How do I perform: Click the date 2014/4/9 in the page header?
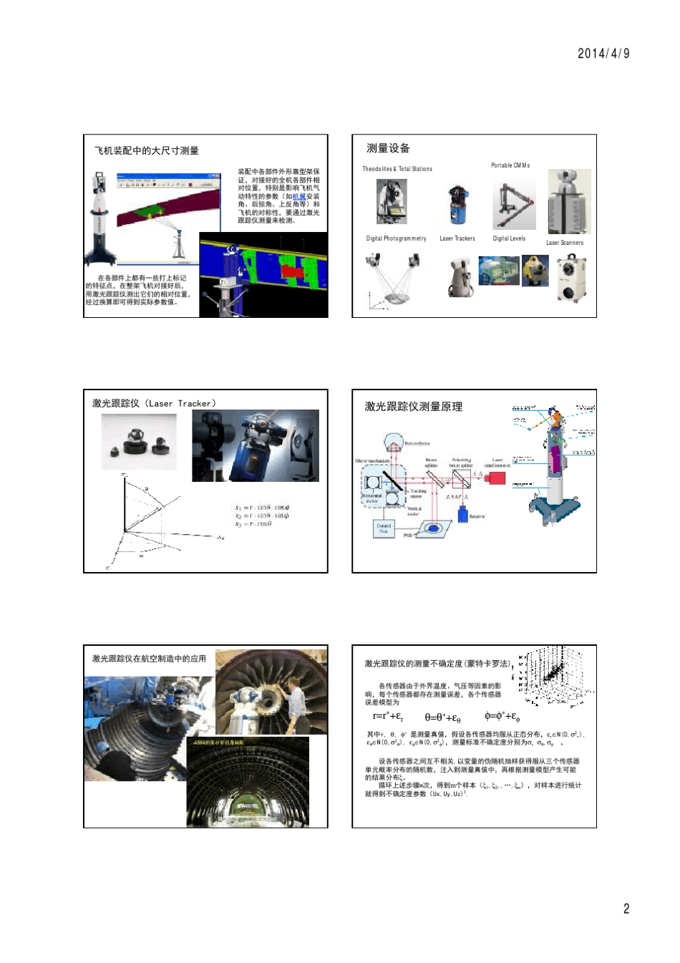(x=603, y=54)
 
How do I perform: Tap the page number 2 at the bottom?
(x=626, y=909)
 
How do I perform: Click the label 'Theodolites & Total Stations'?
(x=397, y=169)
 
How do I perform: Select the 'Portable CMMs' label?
(x=510, y=165)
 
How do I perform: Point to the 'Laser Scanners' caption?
(x=565, y=243)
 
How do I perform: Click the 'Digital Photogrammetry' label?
(x=396, y=238)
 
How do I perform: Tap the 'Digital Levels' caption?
(x=509, y=238)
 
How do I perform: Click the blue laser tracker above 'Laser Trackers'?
(x=457, y=206)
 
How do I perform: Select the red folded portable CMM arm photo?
(x=514, y=205)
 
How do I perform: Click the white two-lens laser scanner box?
(x=572, y=279)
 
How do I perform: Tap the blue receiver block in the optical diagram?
(x=462, y=514)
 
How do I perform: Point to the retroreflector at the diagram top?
(x=394, y=442)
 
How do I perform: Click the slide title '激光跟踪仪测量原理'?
(x=414, y=407)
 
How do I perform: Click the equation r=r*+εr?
(x=387, y=716)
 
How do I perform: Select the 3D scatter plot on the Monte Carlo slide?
(x=556, y=677)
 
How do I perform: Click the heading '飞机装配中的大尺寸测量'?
(x=147, y=151)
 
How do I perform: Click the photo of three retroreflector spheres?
(x=139, y=442)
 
